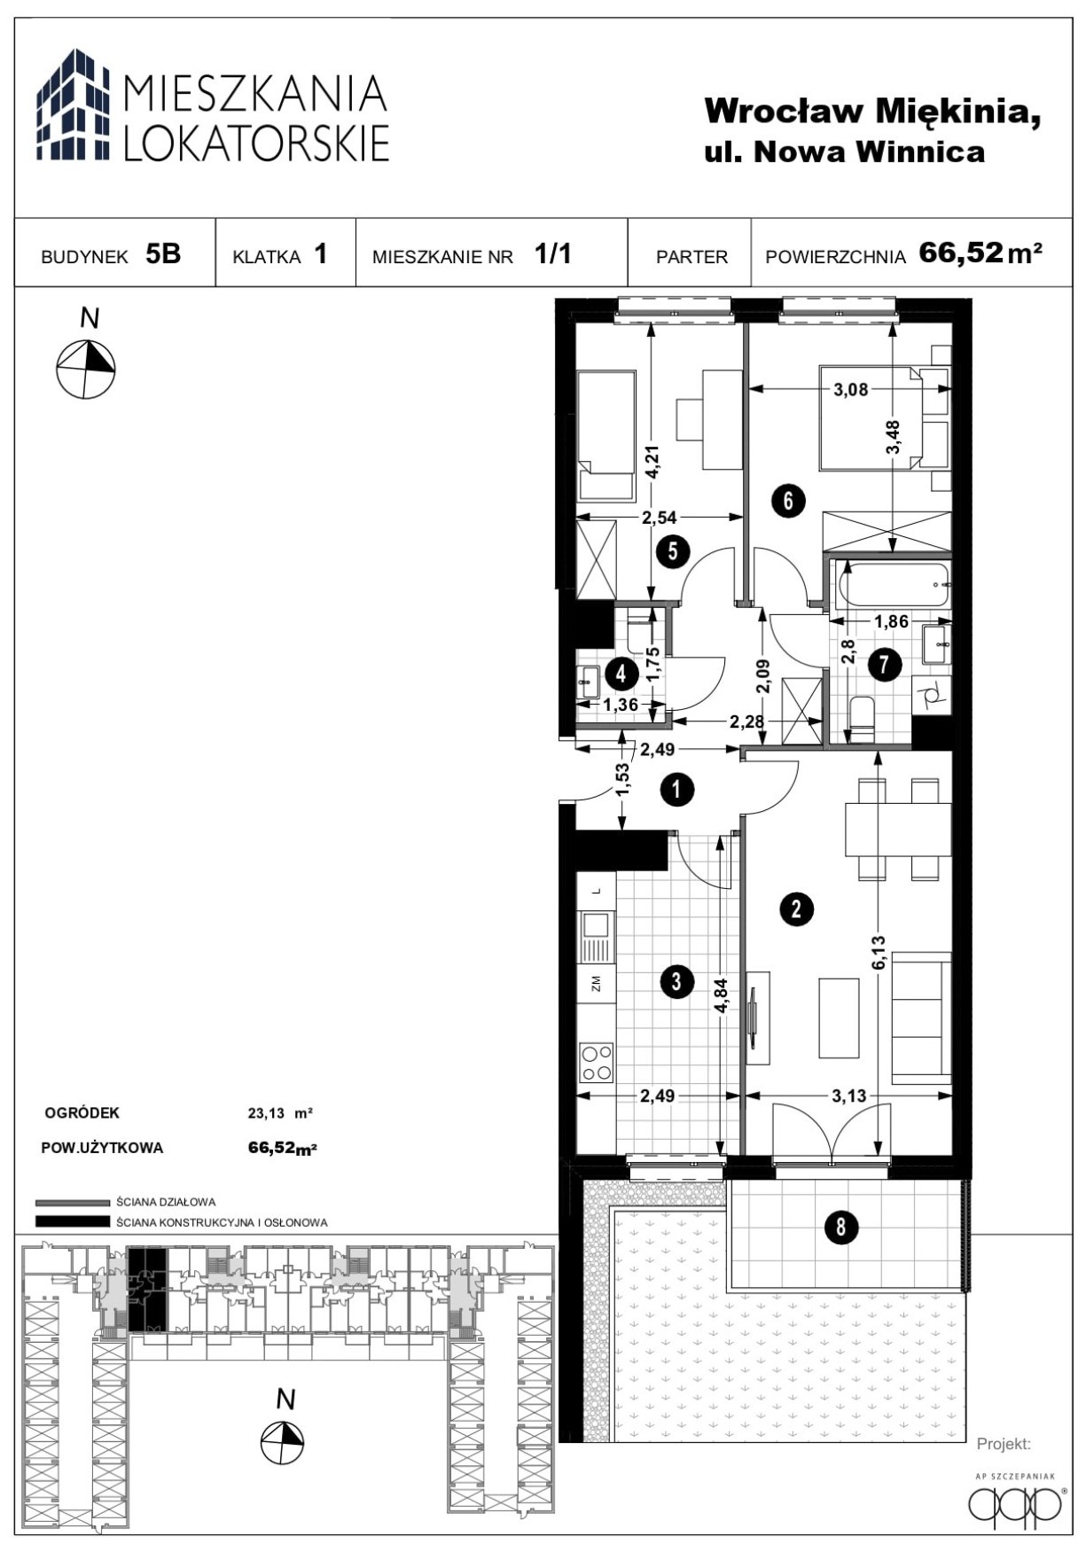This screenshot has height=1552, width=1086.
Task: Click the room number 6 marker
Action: pyautogui.click(x=787, y=501)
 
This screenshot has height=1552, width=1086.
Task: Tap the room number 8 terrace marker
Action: pyautogui.click(x=840, y=1227)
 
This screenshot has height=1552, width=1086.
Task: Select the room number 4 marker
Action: pyautogui.click(x=621, y=674)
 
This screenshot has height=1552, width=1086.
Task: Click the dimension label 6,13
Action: pyautogui.click(x=879, y=953)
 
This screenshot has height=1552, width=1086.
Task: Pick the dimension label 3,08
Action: pyautogui.click(x=851, y=389)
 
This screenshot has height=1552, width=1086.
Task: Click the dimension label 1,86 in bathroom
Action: pyautogui.click(x=892, y=621)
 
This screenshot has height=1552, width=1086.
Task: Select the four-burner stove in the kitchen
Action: pyautogui.click(x=596, y=1061)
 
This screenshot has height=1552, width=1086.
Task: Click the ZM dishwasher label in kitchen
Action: pyautogui.click(x=596, y=982)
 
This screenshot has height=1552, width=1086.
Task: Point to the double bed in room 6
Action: pyautogui.click(x=883, y=417)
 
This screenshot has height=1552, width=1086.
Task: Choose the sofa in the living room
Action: pyautogui.click(x=921, y=1018)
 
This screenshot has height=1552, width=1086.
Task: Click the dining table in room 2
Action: pyautogui.click(x=898, y=829)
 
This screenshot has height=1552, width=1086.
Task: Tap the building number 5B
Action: pyautogui.click(x=163, y=254)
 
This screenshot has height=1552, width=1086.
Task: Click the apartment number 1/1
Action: pyautogui.click(x=553, y=254)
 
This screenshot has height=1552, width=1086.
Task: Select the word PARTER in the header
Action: pyautogui.click(x=691, y=257)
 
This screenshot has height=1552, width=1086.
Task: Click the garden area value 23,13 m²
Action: pyautogui.click(x=280, y=1113)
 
